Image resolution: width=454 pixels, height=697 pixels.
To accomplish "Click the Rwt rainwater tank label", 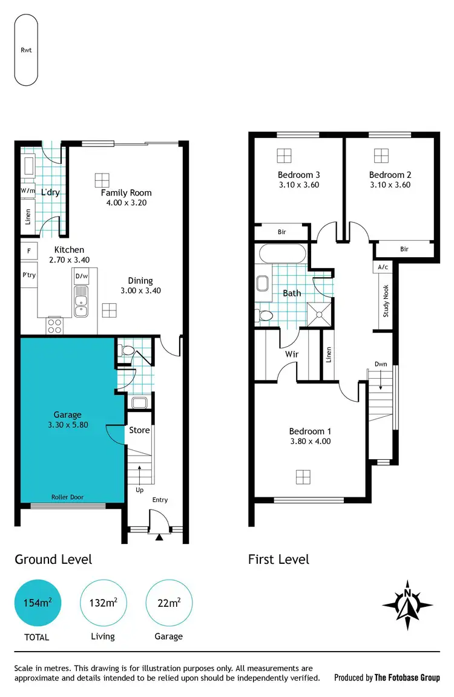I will (26, 50).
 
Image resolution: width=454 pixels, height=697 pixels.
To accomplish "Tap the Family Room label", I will (126, 193).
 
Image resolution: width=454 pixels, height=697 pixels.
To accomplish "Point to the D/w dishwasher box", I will (81, 277).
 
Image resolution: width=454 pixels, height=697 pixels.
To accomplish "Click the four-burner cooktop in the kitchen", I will (54, 326).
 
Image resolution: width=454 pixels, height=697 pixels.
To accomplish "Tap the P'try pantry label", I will (28, 275).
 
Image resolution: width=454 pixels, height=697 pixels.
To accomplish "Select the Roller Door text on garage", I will (68, 497).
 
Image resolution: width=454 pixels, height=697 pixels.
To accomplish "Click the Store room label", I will (139, 430).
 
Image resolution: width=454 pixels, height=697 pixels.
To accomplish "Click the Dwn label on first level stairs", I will (380, 364).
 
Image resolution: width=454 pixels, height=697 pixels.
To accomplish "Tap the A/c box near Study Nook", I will (383, 267).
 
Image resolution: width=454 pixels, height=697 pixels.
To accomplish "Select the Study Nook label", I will (386, 302).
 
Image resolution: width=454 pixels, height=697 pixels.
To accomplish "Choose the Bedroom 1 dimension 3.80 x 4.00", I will (310, 442).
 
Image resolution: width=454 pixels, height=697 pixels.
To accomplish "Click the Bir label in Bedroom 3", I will (281, 232).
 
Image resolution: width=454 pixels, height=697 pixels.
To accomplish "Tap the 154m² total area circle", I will (38, 603).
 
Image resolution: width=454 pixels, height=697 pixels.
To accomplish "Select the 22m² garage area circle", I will (169, 603).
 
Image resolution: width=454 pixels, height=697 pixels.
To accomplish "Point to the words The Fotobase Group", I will (407, 678).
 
